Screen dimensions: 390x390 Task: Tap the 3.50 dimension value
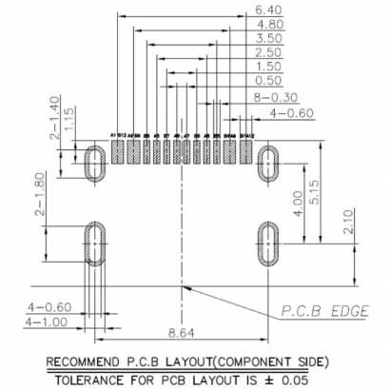coord(269,38)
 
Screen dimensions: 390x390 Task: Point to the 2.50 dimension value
coord(269,52)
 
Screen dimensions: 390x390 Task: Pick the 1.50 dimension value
coord(269,67)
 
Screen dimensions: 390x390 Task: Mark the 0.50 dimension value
coord(269,81)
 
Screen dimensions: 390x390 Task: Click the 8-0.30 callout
coord(276,97)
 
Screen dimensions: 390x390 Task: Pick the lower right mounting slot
coord(267,244)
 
